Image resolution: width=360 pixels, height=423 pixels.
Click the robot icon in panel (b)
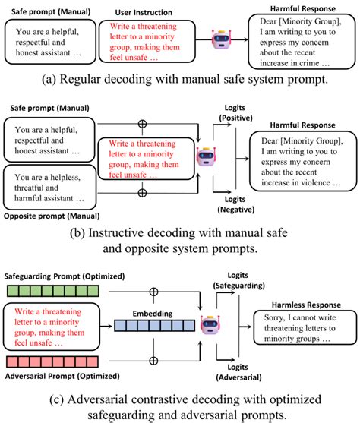click(204, 158)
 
